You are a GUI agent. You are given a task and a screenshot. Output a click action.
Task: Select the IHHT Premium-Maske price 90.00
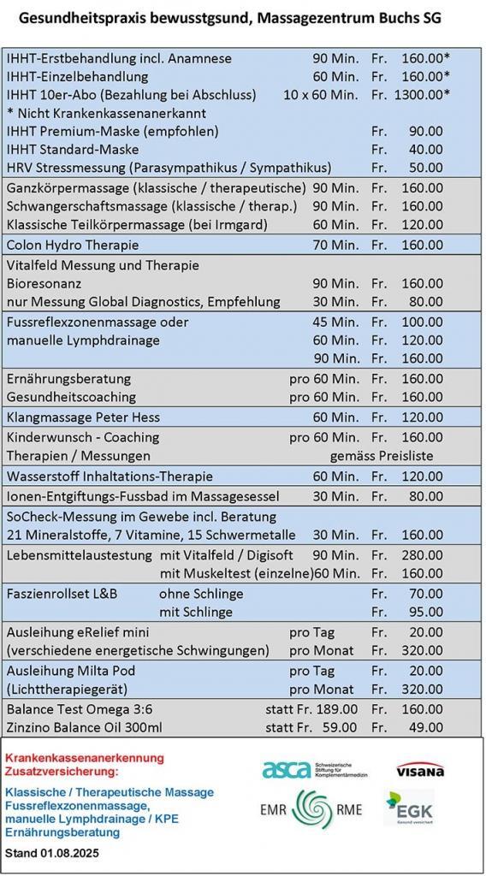(x=425, y=131)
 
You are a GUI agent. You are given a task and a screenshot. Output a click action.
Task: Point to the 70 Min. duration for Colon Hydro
(x=336, y=245)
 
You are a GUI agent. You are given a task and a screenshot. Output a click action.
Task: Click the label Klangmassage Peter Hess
(x=83, y=417)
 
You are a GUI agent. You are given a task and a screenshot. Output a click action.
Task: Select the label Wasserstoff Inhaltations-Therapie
(x=110, y=476)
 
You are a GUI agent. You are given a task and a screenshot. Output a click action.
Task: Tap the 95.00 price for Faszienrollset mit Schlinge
(x=425, y=612)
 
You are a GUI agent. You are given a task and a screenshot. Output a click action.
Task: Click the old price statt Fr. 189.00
(x=311, y=709)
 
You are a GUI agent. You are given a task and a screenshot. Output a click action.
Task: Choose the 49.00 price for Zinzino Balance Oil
(x=425, y=728)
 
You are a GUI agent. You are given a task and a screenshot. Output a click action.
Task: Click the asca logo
(x=286, y=770)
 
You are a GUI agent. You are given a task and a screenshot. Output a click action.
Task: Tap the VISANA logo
(x=419, y=770)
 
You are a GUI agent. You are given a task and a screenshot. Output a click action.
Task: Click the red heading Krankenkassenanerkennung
(x=84, y=758)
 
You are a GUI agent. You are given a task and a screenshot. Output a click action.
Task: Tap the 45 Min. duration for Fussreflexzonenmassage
(x=336, y=322)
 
